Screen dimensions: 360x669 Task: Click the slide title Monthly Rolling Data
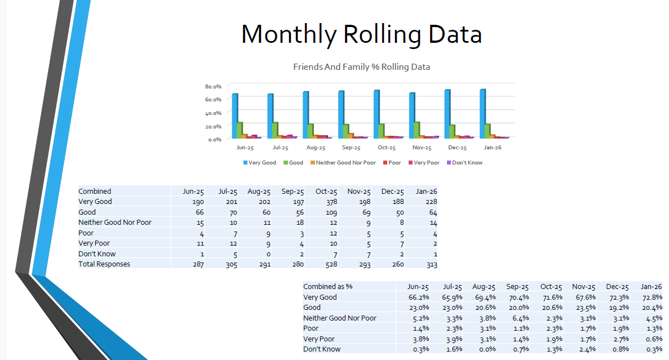click(361, 34)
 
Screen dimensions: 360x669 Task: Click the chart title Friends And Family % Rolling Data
click(361, 67)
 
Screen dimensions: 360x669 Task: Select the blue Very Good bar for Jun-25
click(234, 115)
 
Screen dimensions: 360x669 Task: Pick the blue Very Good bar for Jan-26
click(482, 113)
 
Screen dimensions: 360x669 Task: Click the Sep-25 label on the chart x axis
click(351, 148)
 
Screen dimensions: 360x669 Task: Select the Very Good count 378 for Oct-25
click(330, 202)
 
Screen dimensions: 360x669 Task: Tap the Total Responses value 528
click(330, 264)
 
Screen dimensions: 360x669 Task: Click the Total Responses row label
click(104, 264)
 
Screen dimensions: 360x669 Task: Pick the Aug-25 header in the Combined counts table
click(259, 192)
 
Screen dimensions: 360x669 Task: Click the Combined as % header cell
click(328, 286)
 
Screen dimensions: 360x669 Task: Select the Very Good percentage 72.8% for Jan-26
click(651, 297)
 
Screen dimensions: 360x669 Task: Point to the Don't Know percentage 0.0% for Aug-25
click(486, 349)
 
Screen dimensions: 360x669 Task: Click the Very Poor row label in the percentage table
click(319, 339)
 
